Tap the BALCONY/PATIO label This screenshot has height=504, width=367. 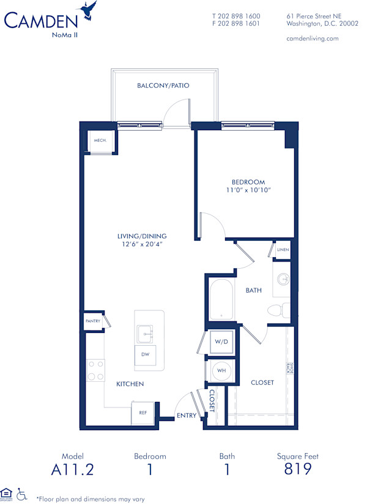point(163,86)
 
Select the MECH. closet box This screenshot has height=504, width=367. point(100,141)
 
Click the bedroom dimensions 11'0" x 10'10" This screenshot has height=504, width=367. point(248,191)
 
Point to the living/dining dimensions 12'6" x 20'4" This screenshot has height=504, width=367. point(143,244)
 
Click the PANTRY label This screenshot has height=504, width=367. point(92,320)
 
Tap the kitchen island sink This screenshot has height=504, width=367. point(145,333)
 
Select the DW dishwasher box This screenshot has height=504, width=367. point(145,354)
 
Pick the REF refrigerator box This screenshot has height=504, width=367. point(143,412)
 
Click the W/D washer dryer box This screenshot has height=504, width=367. point(220,341)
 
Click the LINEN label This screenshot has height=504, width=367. point(283,250)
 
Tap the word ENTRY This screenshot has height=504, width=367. point(185,415)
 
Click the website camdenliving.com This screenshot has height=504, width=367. point(312,38)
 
